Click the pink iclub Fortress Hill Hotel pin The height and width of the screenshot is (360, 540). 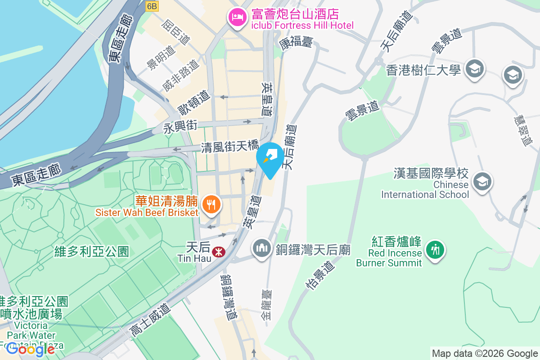tap(237, 18)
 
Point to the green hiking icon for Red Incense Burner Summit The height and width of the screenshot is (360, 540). tap(435, 248)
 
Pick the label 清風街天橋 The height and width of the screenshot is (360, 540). tap(229, 147)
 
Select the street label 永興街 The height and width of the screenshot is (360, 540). tap(180, 128)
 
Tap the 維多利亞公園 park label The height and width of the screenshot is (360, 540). tap(91, 251)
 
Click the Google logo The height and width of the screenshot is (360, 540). tap(31, 349)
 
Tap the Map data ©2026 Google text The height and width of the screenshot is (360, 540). tap(485, 353)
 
